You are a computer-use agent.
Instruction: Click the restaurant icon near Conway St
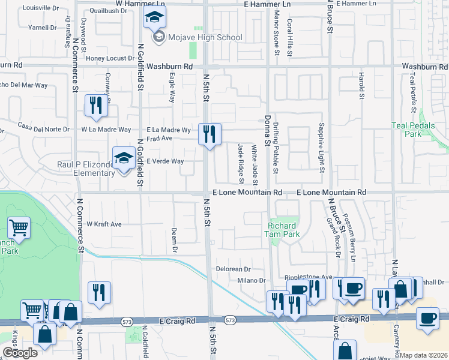96,106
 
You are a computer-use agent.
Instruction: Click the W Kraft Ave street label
104,224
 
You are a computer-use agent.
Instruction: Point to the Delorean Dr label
232,269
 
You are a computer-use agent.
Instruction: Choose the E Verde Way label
165,161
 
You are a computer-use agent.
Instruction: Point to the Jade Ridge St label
241,163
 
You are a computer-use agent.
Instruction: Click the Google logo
20,352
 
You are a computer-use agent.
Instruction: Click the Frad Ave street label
160,138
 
